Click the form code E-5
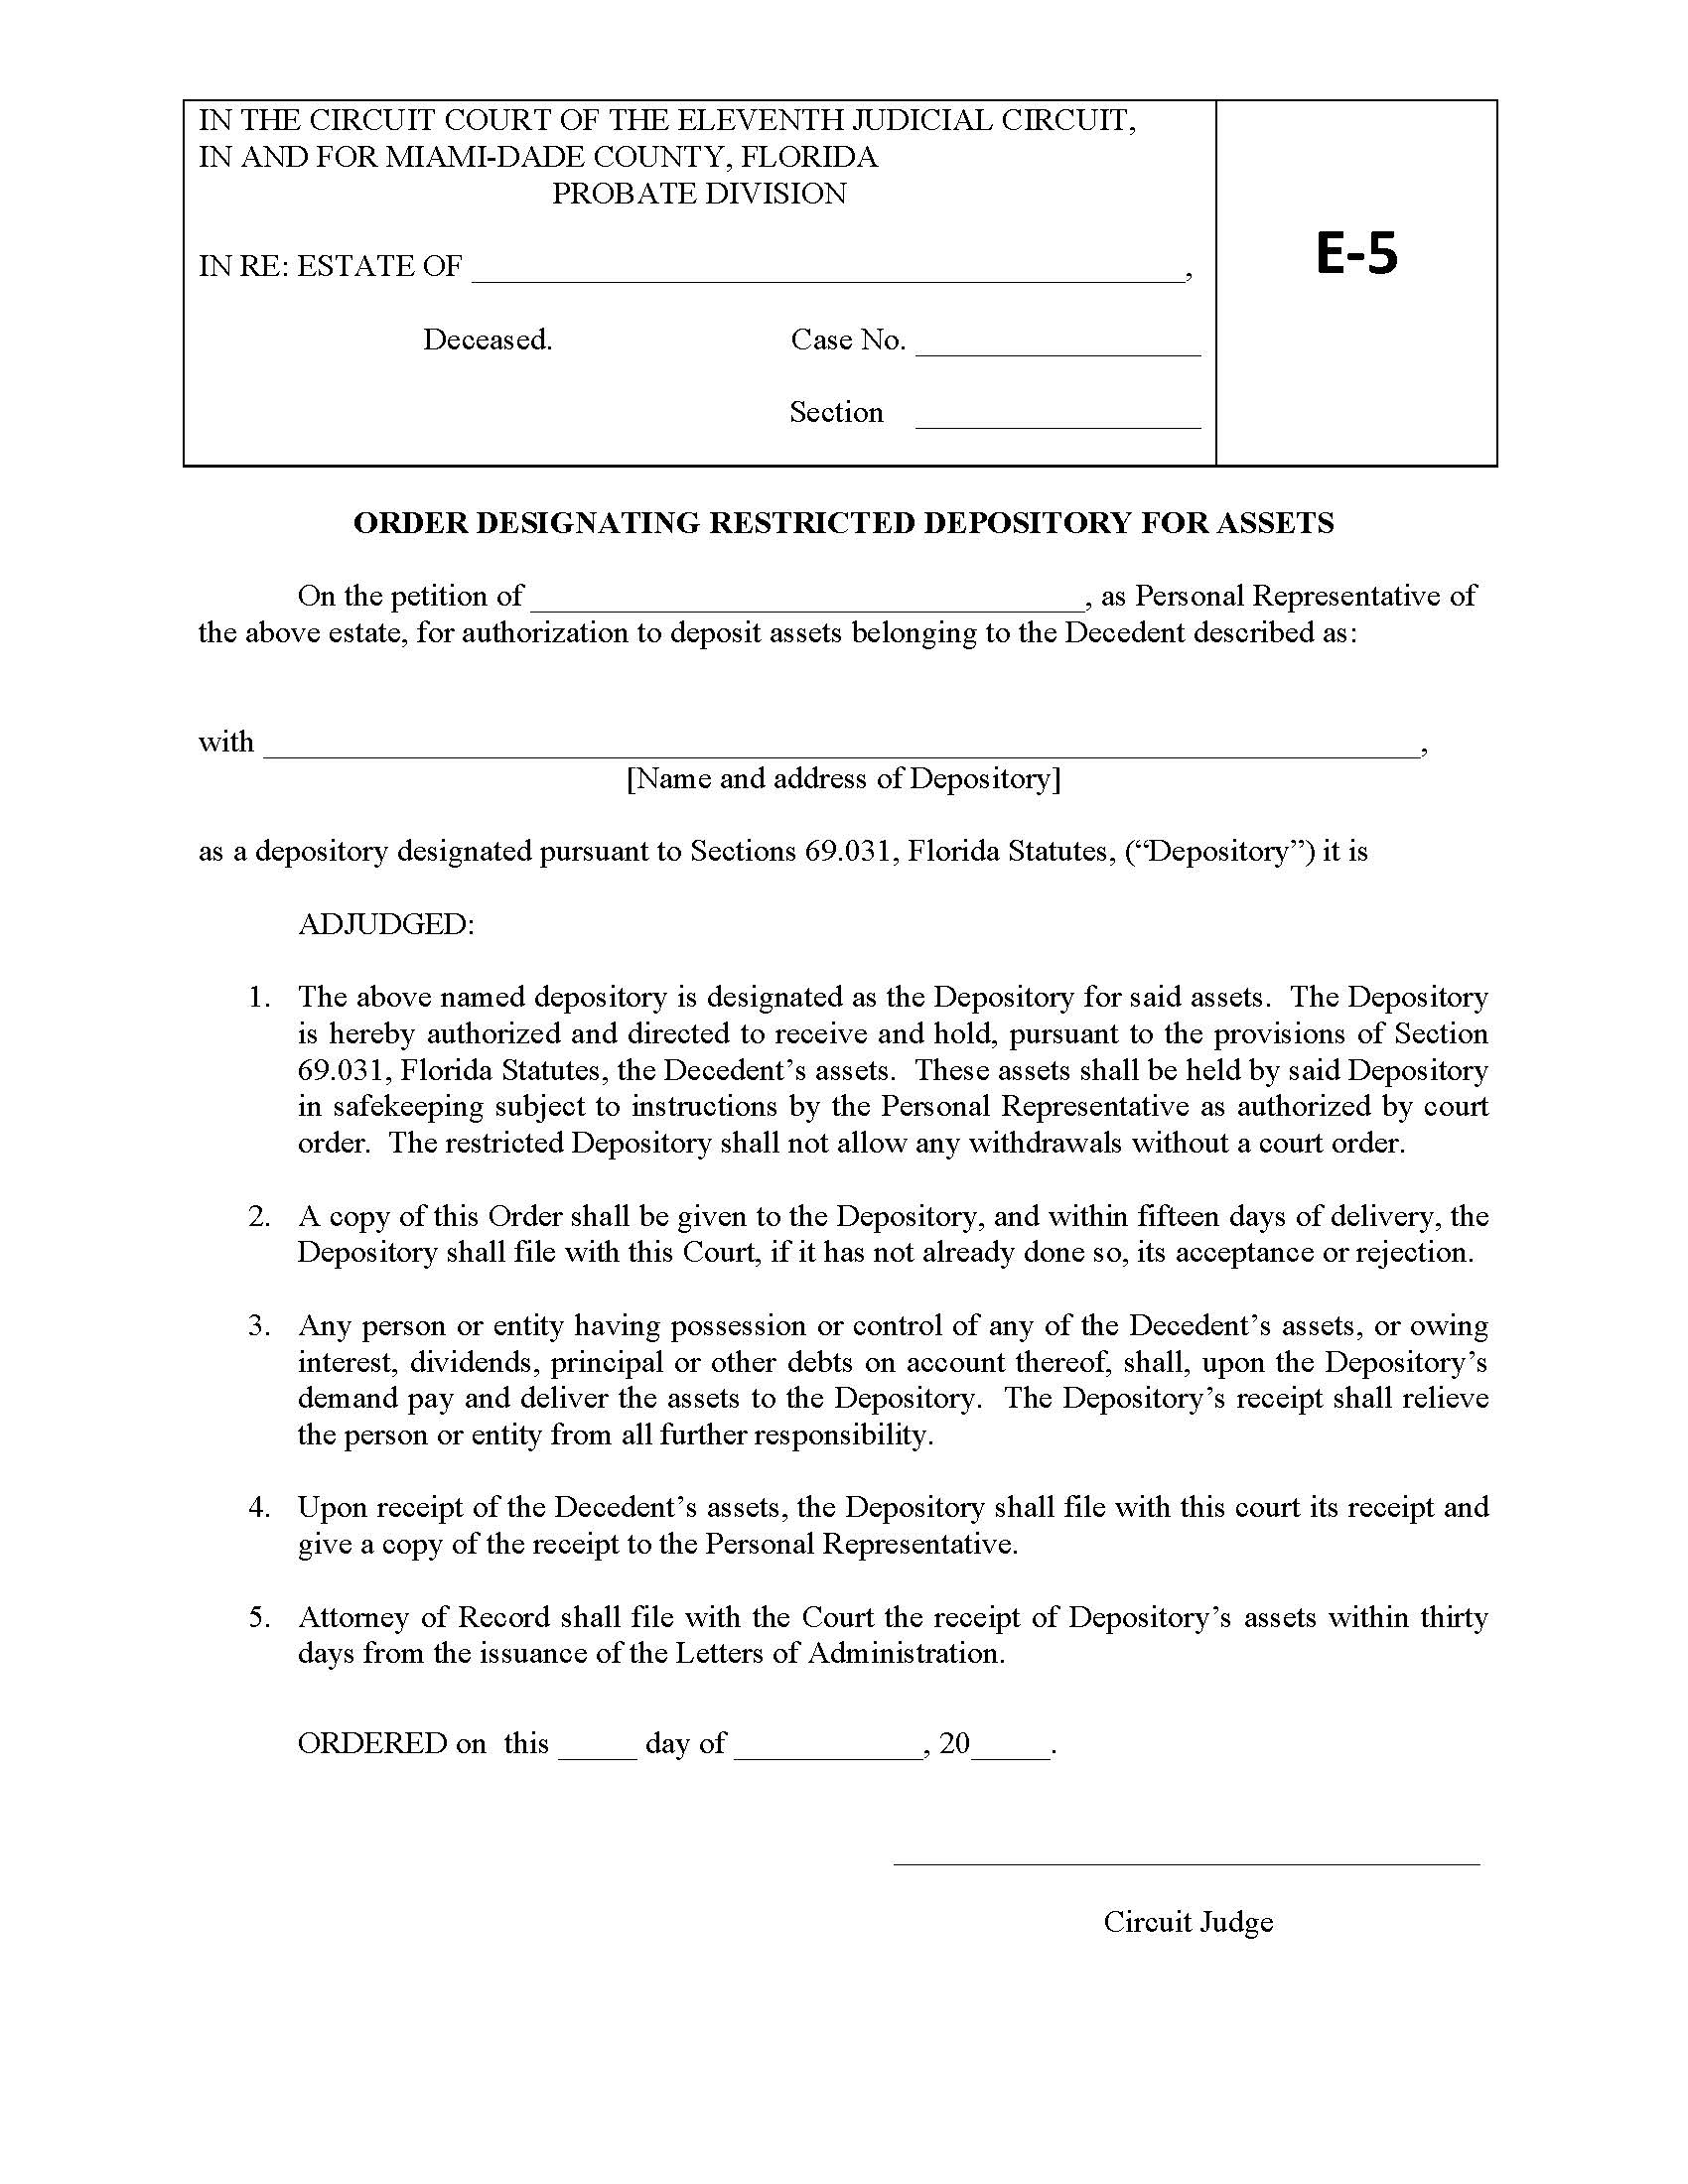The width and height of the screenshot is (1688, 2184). [1355, 254]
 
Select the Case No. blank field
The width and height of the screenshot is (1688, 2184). [1057, 345]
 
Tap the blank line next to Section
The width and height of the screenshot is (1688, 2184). [1057, 417]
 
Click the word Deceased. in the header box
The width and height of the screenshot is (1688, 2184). [487, 340]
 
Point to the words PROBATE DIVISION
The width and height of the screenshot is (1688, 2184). [699, 193]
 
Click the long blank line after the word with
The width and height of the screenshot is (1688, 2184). [840, 746]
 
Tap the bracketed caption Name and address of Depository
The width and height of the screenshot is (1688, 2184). [843, 778]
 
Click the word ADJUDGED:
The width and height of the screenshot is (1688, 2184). [386, 924]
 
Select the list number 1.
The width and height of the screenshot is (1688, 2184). [259, 997]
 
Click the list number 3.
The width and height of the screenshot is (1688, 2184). [259, 1326]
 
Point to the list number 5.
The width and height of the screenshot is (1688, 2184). [259, 1617]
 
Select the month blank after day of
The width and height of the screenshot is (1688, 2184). [827, 1746]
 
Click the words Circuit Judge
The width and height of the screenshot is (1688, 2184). [1187, 1921]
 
